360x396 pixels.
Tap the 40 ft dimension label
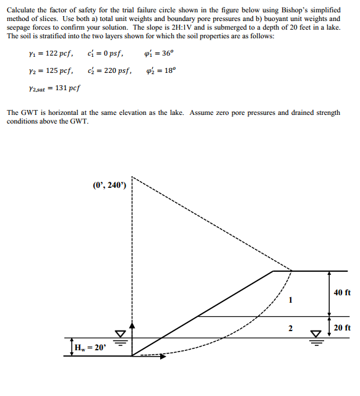(341, 292)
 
